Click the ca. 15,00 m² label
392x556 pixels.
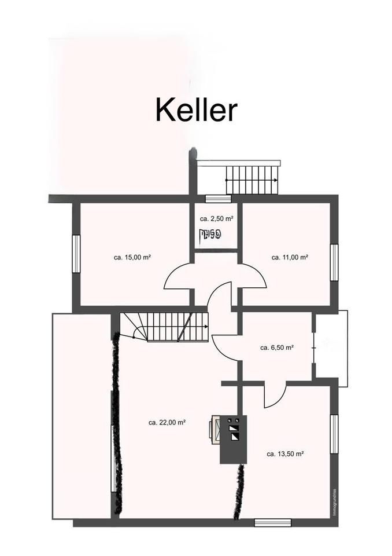pos(132,257)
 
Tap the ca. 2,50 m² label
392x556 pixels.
pos(216,219)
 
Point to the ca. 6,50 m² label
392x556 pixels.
pos(276,348)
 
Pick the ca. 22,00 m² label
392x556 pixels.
pos(167,423)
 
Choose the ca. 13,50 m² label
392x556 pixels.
pos(285,454)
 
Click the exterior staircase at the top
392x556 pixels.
pos(252,180)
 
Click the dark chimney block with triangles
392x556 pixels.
pos(234,438)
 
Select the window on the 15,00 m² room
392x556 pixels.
pos(75,253)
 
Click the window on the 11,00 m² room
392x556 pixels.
pos(334,262)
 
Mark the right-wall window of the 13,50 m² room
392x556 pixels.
pos(334,434)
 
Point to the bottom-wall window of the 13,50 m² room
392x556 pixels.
pos(272,522)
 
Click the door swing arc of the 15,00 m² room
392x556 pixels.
pos(178,277)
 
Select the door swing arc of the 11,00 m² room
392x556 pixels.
pos(253,277)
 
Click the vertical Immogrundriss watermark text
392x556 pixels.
pos(334,503)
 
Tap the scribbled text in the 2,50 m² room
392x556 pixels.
pos(209,235)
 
